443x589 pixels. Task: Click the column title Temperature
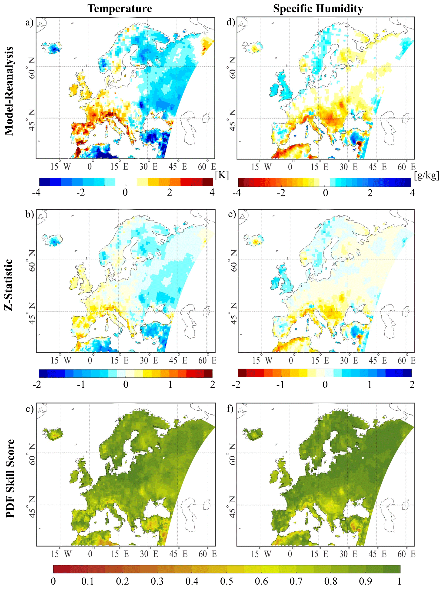point(120,9)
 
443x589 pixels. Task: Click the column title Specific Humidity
point(318,9)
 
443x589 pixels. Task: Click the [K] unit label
point(222,175)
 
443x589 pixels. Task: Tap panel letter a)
point(29,22)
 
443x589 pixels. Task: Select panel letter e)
point(232,215)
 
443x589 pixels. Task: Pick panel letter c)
point(29,409)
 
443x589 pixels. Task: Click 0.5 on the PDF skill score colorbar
point(226,581)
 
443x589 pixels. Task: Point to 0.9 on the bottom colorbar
point(365,581)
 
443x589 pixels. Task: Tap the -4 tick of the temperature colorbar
point(36,192)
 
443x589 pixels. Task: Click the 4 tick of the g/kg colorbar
point(412,192)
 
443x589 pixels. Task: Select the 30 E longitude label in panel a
point(148,167)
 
